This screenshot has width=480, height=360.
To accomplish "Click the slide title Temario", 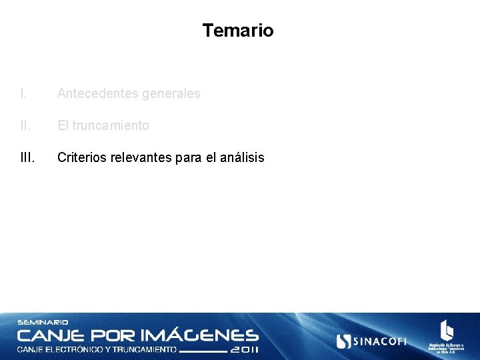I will pos(238,31).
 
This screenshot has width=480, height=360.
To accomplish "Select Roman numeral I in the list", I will pos(23,94).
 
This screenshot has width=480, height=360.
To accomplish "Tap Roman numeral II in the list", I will pos(25,125).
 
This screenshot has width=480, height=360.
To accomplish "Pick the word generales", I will pos(171,94).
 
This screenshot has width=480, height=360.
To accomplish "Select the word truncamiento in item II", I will pos(111,125).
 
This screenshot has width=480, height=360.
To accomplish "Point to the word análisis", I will pos(240,158).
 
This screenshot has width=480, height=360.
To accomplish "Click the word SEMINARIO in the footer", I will pos(43,323).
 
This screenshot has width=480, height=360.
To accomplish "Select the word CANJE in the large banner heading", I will pos(51,335).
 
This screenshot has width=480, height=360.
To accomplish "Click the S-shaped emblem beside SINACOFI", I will pos(344,341).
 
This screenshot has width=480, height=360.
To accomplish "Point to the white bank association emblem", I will pos(446,331).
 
